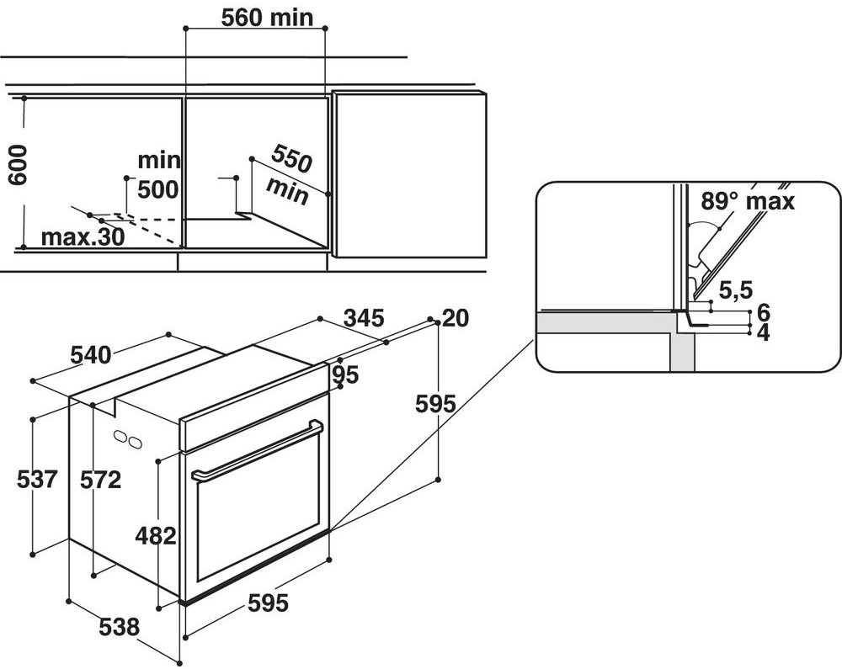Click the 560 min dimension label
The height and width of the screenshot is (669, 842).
click(x=255, y=17)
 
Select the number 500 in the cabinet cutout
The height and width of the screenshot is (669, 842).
click(x=157, y=189)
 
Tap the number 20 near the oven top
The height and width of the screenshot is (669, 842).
click(x=455, y=318)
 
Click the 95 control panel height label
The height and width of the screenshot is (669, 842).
click(x=345, y=374)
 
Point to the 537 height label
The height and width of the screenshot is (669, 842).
click(x=37, y=480)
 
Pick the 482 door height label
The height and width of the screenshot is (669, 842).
click(x=156, y=535)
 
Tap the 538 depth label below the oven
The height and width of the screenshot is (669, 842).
click(x=118, y=627)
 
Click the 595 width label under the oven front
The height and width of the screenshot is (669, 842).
click(x=268, y=603)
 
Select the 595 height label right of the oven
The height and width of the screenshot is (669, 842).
click(x=436, y=404)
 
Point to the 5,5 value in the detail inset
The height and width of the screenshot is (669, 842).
click(x=735, y=291)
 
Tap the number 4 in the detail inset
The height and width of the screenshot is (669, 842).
click(x=763, y=332)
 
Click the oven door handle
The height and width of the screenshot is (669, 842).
click(x=257, y=450)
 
